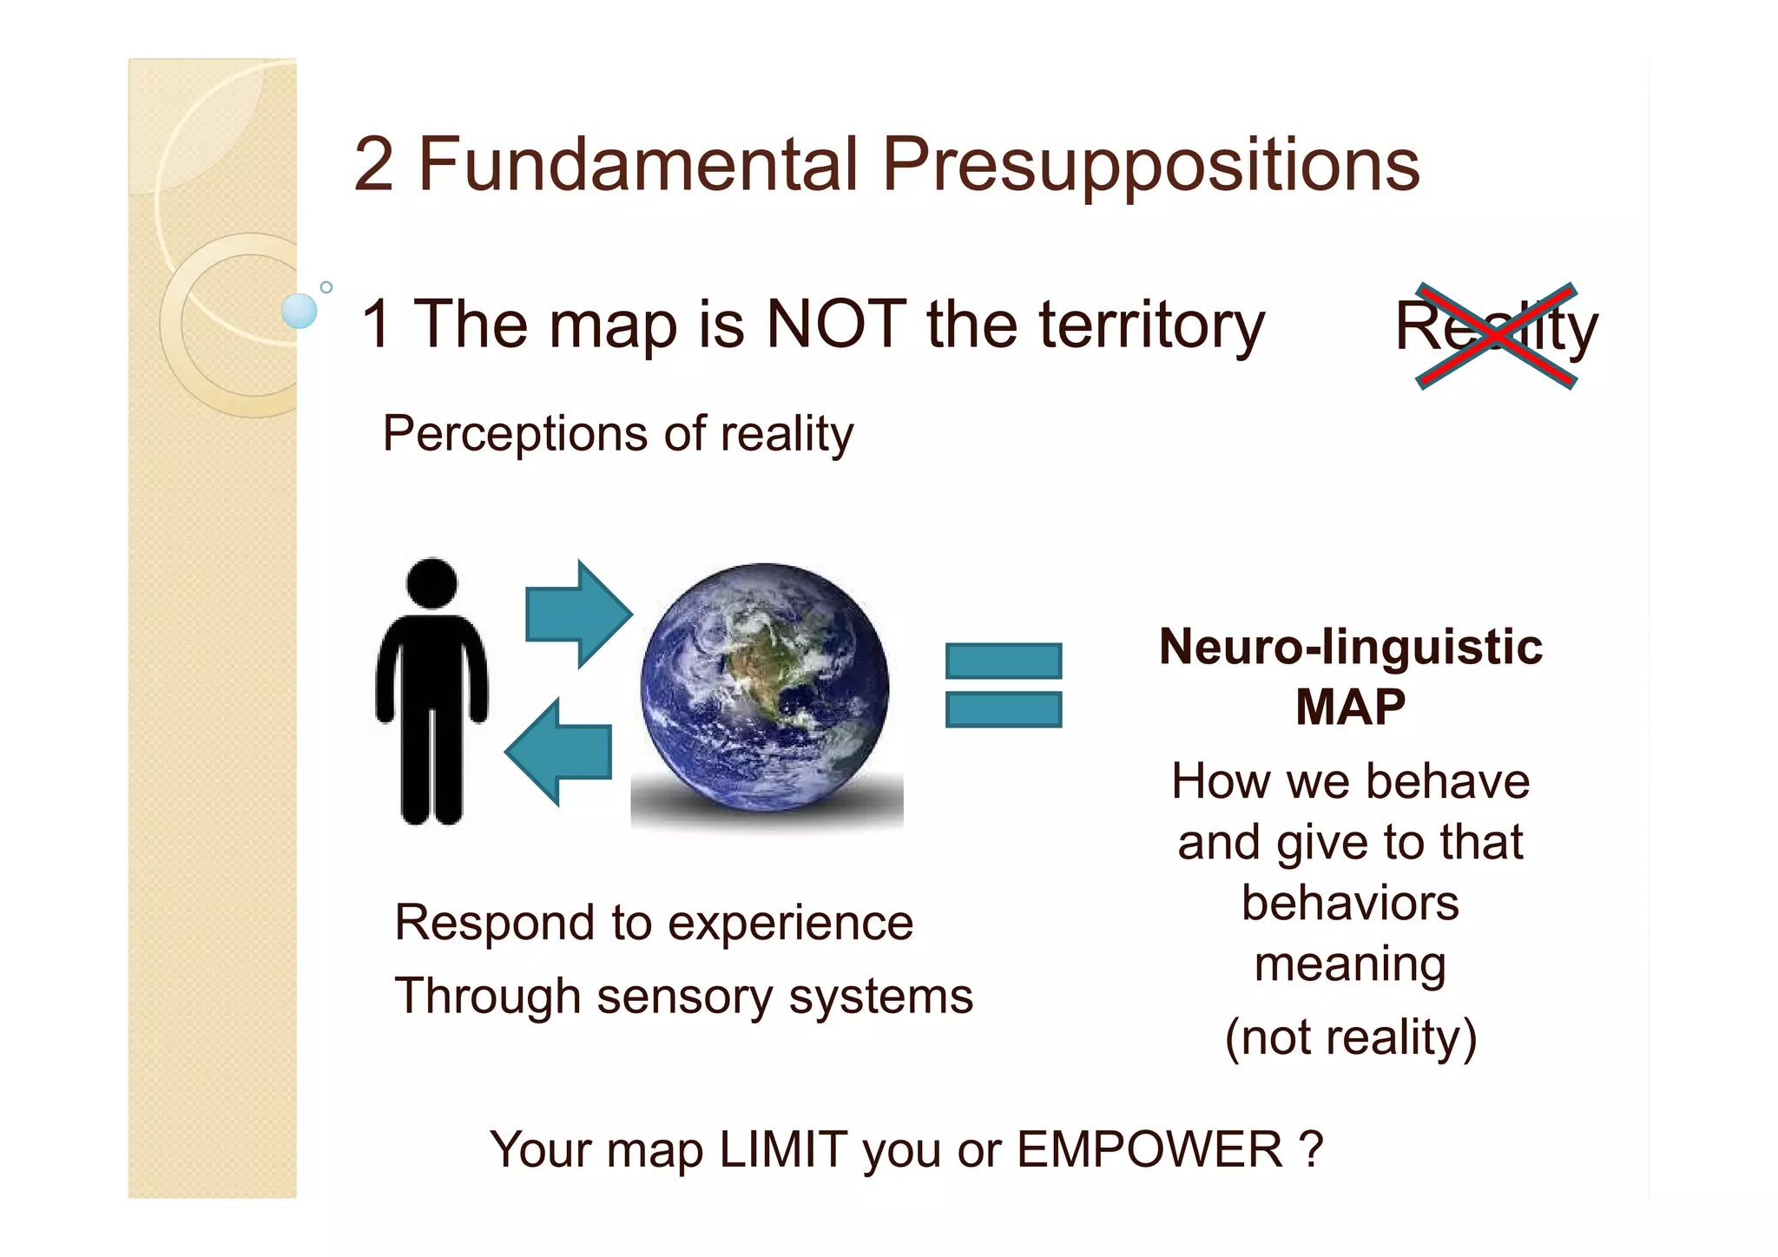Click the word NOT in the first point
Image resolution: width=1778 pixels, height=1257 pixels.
coord(836,324)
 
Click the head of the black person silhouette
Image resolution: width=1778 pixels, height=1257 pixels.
coord(431,582)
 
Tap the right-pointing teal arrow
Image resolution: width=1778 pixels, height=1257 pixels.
coord(577,614)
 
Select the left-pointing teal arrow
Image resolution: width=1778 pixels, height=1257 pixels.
coord(560,752)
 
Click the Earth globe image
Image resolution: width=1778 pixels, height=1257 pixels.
coord(765,688)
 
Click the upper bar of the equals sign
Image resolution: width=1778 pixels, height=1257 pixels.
coord(1003,661)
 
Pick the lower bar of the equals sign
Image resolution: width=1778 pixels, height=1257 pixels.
coord(1003,709)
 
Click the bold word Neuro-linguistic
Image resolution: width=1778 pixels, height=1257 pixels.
coord(1350,648)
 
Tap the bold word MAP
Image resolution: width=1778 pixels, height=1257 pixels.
coord(1350,707)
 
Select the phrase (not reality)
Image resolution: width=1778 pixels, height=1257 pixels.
coord(1350,1037)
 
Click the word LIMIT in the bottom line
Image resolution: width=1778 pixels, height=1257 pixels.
coord(783,1149)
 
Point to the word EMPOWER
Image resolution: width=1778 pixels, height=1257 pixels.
coord(1149,1149)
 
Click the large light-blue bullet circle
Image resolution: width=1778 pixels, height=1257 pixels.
coord(300,311)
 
